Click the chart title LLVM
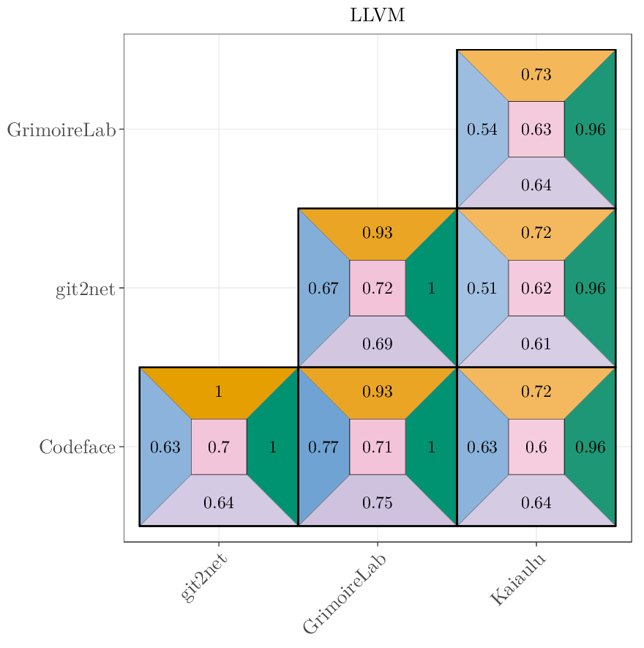(377, 15)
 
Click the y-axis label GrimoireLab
(61, 130)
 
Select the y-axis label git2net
(85, 289)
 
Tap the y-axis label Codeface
(77, 447)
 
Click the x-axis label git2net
(204, 578)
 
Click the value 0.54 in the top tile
(482, 130)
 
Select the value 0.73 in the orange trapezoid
(536, 75)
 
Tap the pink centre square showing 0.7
(219, 447)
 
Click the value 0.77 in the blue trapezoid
(323, 447)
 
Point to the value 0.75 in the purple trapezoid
(378, 503)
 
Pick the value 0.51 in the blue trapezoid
(482, 288)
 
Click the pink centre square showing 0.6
(536, 447)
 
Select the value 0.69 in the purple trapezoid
(378, 343)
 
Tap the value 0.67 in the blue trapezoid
(323, 288)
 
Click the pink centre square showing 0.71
(378, 447)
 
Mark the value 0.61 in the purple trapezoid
(536, 343)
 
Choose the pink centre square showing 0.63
(536, 130)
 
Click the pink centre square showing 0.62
(536, 288)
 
